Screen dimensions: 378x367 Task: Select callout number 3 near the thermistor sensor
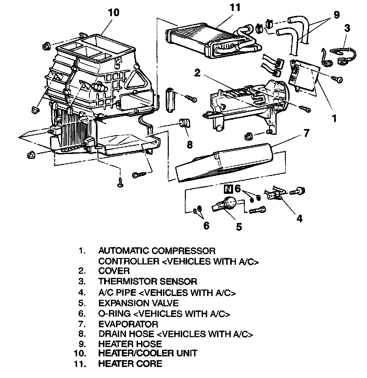(347, 28)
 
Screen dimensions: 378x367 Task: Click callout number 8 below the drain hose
(189, 145)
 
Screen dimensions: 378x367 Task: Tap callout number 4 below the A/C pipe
(299, 218)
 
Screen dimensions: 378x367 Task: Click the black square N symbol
(228, 188)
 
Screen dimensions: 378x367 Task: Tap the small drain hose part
(186, 123)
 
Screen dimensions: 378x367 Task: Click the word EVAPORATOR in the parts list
(128, 324)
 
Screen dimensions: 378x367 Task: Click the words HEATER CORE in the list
(130, 364)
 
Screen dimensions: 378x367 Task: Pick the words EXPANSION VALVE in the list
(138, 303)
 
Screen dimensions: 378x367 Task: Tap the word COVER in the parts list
(114, 271)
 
